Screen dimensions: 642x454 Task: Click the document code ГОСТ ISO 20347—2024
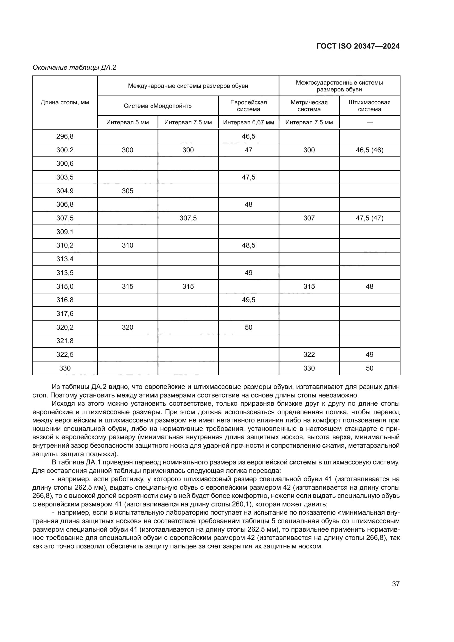coord(358,46)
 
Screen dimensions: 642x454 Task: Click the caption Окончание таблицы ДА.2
coord(74,68)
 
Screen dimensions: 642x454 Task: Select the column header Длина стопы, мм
coord(65,102)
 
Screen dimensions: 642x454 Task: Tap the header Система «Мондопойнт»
coord(158,106)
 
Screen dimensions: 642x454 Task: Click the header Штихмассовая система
coord(369,106)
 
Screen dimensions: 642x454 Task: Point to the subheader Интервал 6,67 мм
coord(248,122)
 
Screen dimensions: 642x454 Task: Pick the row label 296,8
coord(65,136)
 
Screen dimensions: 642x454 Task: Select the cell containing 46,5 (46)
coord(369,150)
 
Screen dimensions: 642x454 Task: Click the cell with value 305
coord(127,191)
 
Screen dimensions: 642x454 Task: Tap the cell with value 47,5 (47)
coord(369,218)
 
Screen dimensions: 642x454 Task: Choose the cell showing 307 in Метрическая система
coord(309,218)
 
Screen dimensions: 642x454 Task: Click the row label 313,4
coord(65,259)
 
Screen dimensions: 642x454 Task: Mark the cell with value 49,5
coord(248,300)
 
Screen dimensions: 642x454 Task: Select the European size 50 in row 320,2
coord(248,327)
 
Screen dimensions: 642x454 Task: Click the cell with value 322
coord(309,355)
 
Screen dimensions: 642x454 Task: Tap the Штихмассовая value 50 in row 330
coord(369,368)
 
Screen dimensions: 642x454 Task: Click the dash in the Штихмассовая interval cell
coord(369,122)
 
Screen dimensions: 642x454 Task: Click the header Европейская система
coord(248,106)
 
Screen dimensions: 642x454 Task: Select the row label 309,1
coord(65,232)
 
